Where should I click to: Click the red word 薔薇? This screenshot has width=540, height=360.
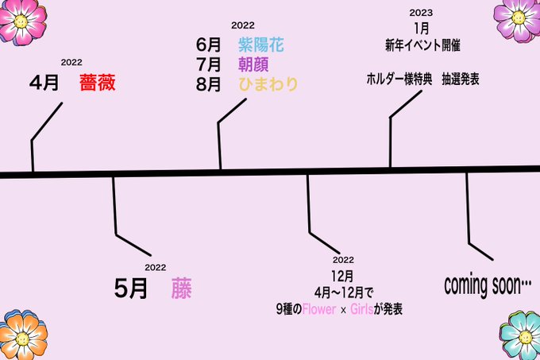coord(102,83)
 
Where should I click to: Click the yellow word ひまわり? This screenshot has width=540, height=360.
coord(267,83)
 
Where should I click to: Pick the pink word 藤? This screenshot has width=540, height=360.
coord(181,288)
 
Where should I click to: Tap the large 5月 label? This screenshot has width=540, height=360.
coord(131,288)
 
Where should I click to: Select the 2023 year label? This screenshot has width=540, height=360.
coord(421,13)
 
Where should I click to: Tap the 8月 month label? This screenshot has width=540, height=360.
coord(208,83)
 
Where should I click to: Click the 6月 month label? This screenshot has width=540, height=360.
coord(208,45)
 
